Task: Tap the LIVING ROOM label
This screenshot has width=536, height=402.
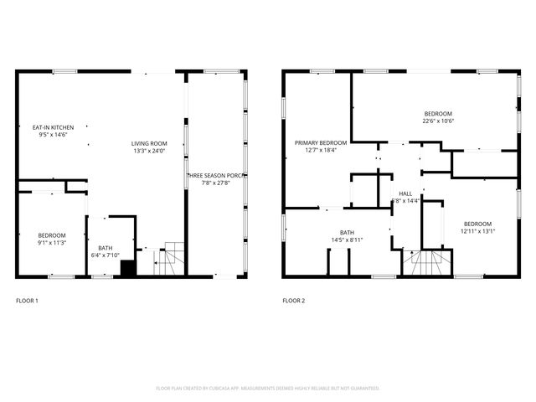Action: click(x=149, y=143)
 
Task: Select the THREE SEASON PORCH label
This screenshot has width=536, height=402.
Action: click(x=215, y=175)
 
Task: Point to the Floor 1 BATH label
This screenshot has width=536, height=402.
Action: click(x=105, y=247)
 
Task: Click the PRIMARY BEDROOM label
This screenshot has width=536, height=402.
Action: click(x=320, y=143)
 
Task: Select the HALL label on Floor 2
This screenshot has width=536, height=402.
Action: click(x=405, y=193)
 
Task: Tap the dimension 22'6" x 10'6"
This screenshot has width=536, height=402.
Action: click(x=438, y=121)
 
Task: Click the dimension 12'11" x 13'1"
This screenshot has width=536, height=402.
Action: click(x=477, y=231)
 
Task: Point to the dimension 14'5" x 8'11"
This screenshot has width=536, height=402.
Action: click(x=347, y=240)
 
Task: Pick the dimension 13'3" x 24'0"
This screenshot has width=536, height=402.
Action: click(x=149, y=151)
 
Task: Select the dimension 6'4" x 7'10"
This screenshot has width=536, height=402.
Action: click(x=105, y=255)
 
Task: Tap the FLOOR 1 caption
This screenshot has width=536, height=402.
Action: click(x=27, y=300)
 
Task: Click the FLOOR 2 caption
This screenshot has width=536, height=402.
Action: click(x=293, y=300)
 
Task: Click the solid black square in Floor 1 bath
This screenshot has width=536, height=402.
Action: click(x=128, y=268)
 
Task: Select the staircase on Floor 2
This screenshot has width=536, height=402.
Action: click(x=423, y=264)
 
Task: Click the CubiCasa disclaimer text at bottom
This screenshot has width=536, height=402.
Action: click(x=268, y=388)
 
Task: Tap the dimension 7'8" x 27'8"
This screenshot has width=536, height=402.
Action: click(x=215, y=183)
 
